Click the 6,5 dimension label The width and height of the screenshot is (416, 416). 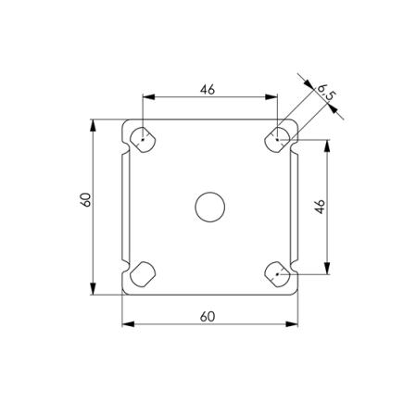326,93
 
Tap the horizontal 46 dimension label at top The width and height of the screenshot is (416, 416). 208,90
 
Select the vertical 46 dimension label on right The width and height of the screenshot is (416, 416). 320,207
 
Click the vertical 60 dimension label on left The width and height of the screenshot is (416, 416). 85,200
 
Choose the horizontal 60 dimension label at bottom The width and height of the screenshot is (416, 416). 208,317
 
